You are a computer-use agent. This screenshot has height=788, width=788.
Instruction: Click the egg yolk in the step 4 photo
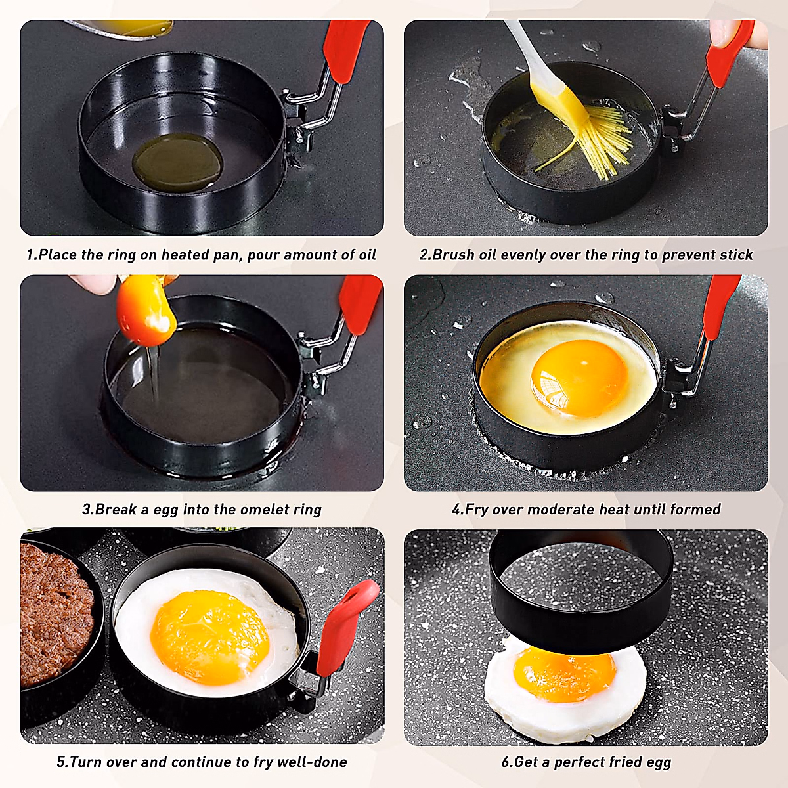point(579,378)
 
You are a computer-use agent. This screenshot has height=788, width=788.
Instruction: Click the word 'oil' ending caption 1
point(366,255)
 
